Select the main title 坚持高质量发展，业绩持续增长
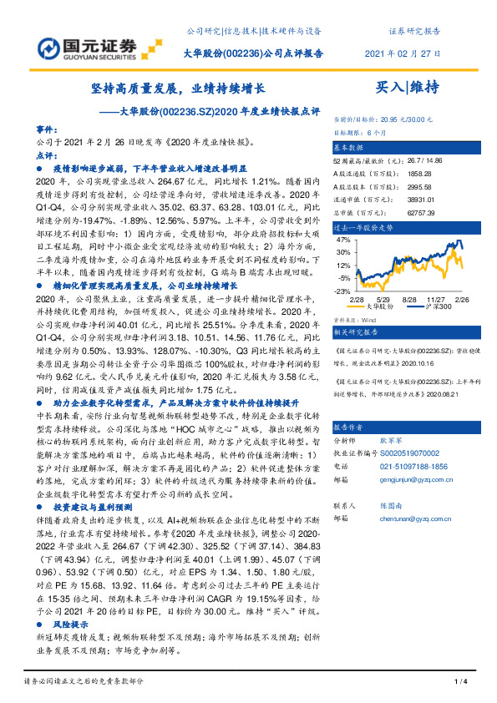click(x=179, y=88)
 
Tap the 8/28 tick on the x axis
click(x=410, y=298)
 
